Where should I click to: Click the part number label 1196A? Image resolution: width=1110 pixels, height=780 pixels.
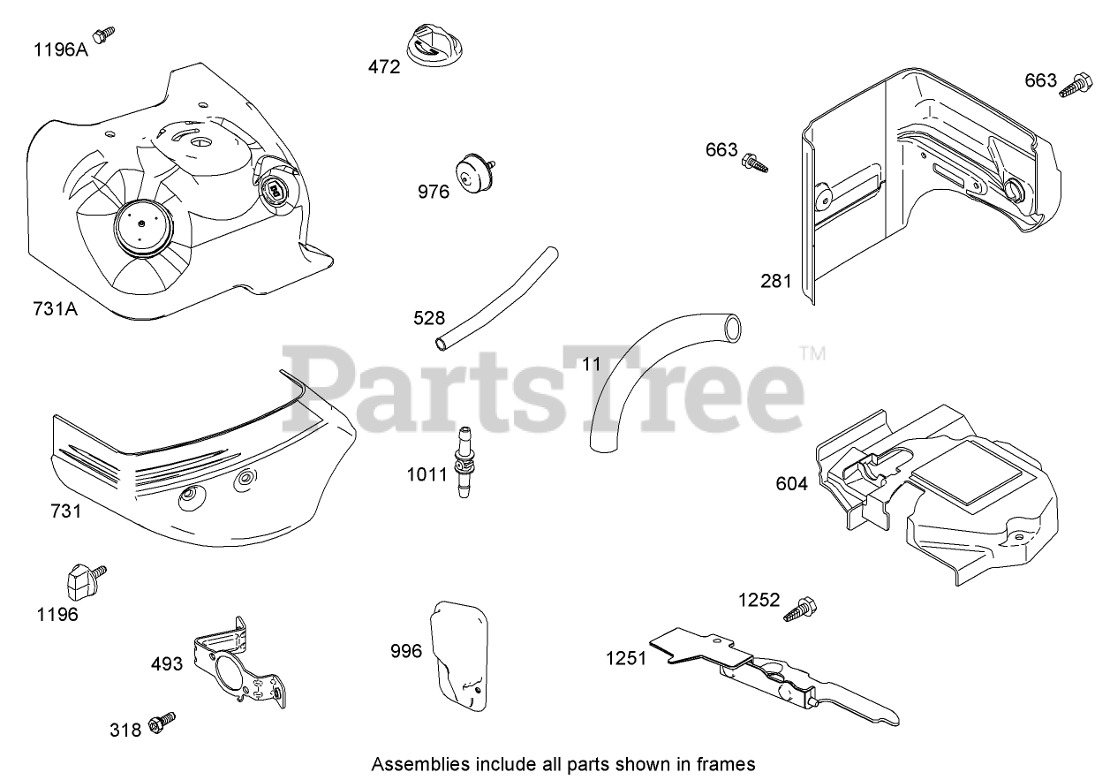(61, 49)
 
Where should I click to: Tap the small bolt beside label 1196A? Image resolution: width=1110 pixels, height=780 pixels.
(105, 34)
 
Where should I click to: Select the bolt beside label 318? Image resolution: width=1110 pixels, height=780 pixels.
(162, 722)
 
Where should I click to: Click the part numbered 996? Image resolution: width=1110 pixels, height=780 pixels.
(460, 655)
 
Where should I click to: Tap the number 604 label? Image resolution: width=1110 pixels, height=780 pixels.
(791, 484)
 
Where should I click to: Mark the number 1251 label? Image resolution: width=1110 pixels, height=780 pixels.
(626, 658)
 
